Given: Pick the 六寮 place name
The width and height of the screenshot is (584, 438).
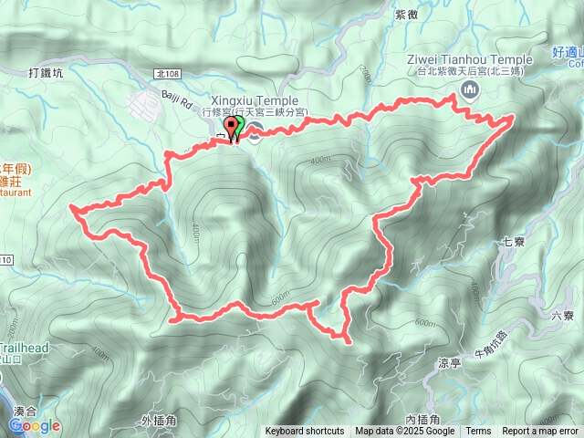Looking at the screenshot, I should (562, 316).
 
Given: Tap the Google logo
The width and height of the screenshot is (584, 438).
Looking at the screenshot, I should (34, 426).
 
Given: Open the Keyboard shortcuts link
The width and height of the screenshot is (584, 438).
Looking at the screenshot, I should (305, 432).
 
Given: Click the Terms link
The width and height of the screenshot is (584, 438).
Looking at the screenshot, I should (478, 432).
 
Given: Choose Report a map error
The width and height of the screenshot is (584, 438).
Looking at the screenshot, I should (540, 432).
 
